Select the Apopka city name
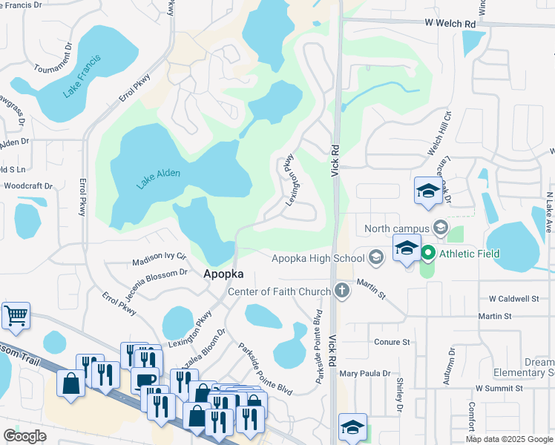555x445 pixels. coord(223,274)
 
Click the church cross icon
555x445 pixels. coord(342,291)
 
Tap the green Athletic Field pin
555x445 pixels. coord(427,254)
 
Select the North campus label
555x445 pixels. coord(395,228)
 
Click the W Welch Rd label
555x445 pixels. coord(450,24)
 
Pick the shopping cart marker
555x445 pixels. coord(16,316)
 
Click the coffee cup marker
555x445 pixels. coord(145,379)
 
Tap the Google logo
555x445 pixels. coord(25,436)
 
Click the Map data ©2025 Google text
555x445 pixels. coord(508,439)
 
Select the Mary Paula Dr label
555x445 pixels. coord(365,373)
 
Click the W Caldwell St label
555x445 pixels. coord(513,299)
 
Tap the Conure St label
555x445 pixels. coord(392,342)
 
